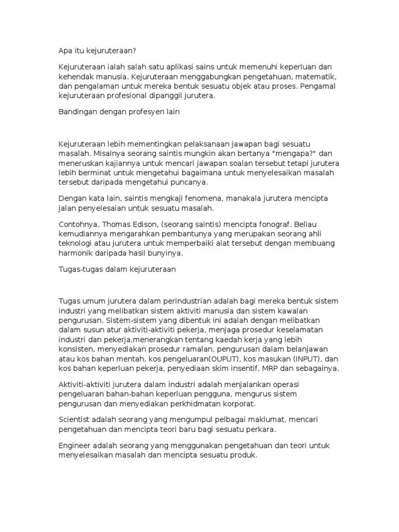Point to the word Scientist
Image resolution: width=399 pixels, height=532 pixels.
[76, 419]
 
